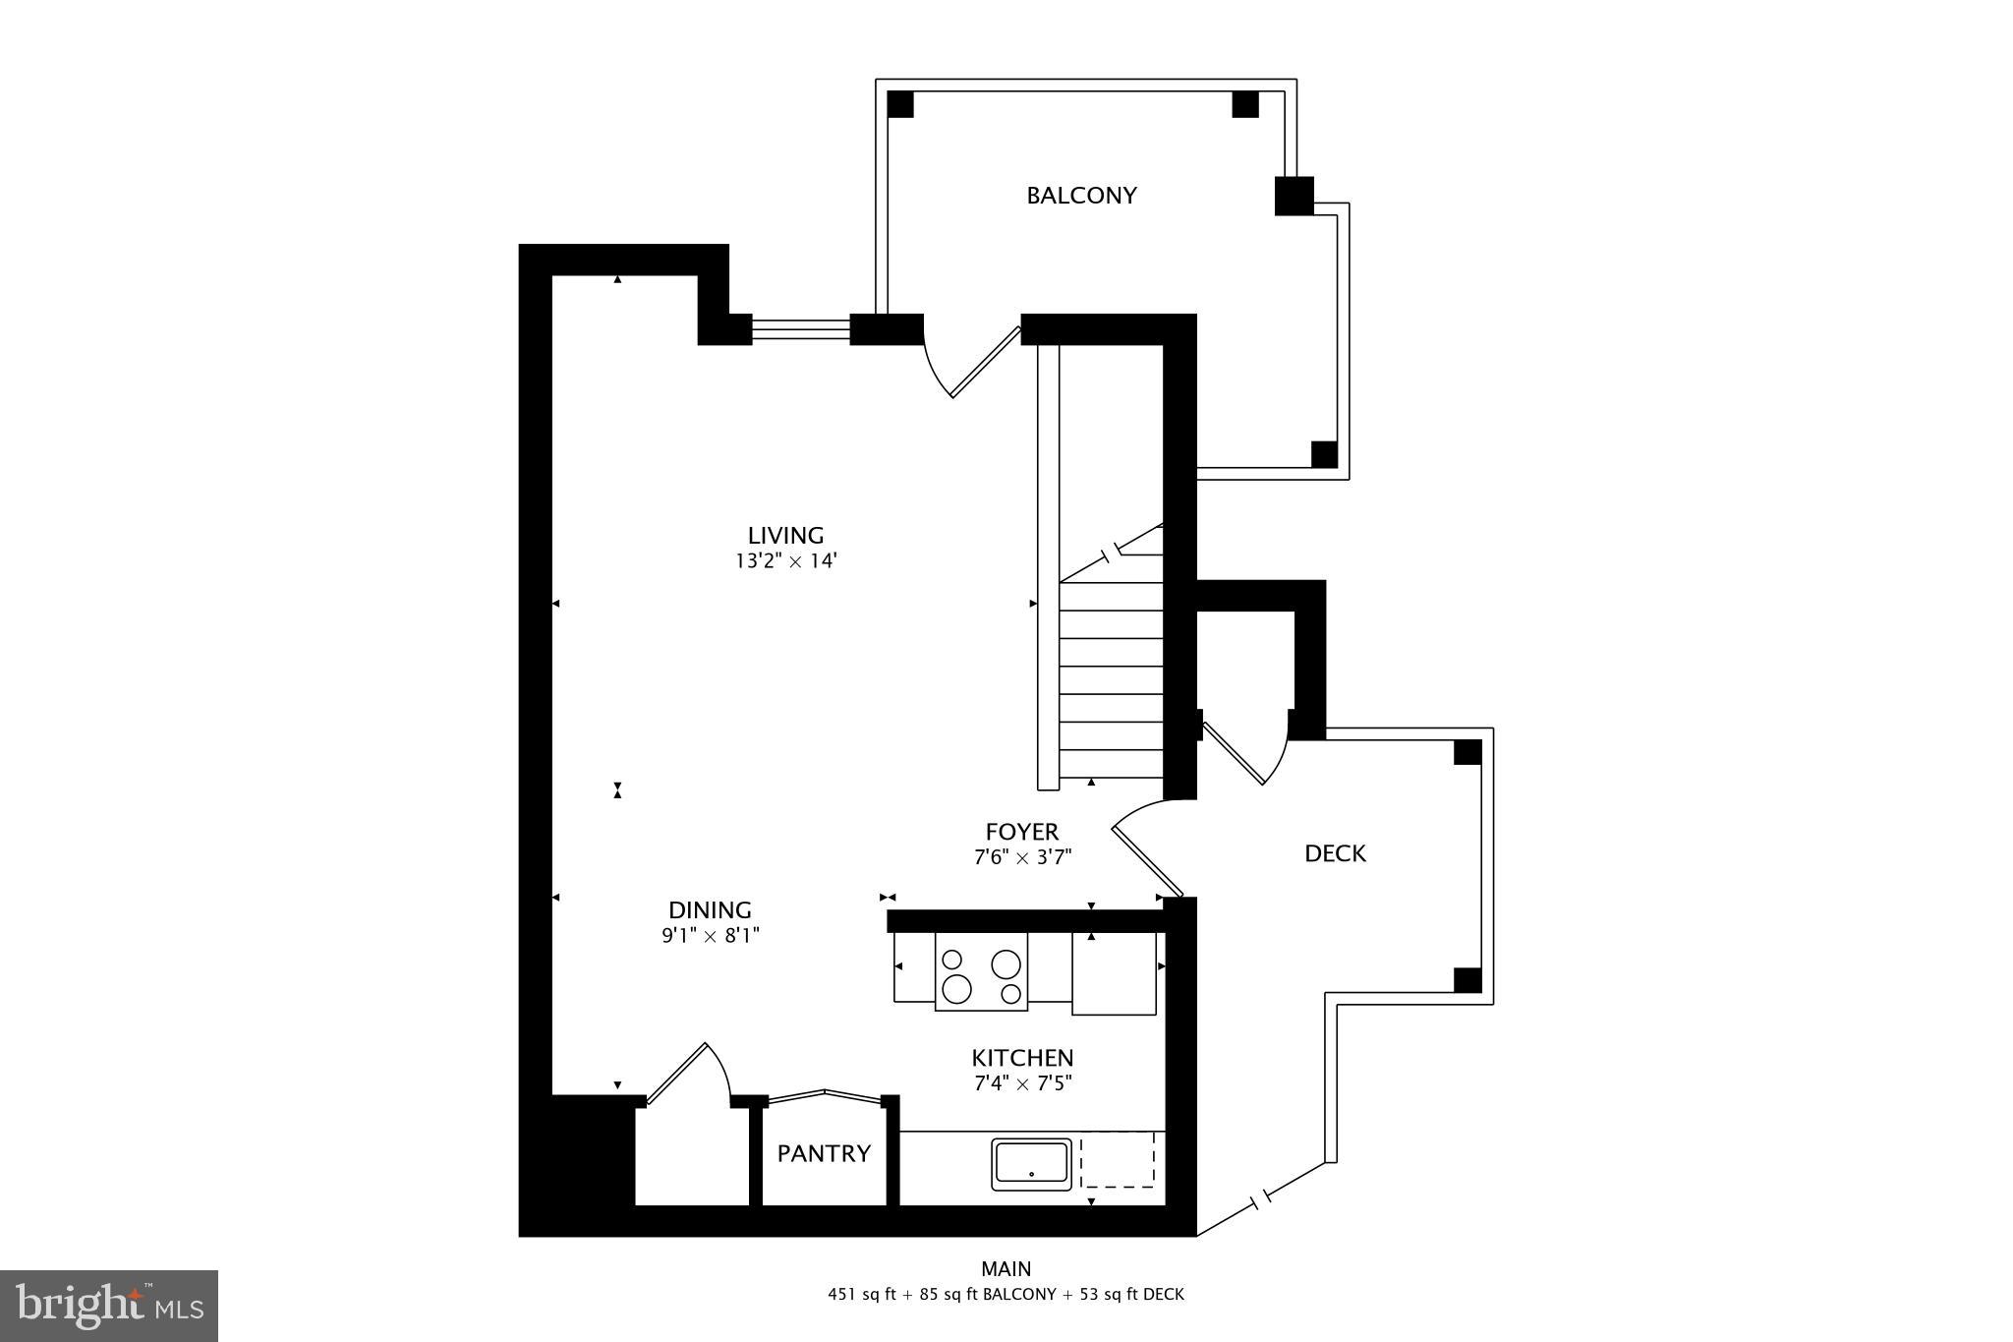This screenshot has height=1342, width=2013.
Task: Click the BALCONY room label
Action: pyautogui.click(x=1081, y=196)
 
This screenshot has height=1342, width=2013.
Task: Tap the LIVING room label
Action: pyautogui.click(x=785, y=536)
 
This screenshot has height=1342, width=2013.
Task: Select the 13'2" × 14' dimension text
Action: pyautogui.click(x=785, y=562)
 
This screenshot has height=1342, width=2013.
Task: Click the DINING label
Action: pyautogui.click(x=710, y=910)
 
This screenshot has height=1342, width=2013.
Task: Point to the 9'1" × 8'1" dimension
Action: pyautogui.click(x=710, y=936)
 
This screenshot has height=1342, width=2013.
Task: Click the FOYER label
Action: pyautogui.click(x=1022, y=832)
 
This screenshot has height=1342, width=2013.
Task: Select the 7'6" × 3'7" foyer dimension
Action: pyautogui.click(x=1022, y=857)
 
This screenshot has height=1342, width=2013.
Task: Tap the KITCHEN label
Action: pyautogui.click(x=1022, y=1058)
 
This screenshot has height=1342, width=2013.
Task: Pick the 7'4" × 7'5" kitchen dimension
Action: pyautogui.click(x=1022, y=1083)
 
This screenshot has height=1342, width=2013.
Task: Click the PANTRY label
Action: pyautogui.click(x=824, y=1153)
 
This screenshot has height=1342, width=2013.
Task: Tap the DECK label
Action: pyautogui.click(x=1335, y=853)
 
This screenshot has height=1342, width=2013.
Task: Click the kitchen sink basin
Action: pyautogui.click(x=1031, y=1163)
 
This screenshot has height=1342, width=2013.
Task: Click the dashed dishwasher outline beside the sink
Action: pyautogui.click(x=1118, y=1161)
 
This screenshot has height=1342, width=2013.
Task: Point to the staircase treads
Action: pyautogui.click(x=1111, y=678)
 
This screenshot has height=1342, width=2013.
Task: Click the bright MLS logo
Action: pyautogui.click(x=109, y=1306)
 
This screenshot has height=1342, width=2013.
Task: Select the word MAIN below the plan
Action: pyautogui.click(x=1006, y=1269)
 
